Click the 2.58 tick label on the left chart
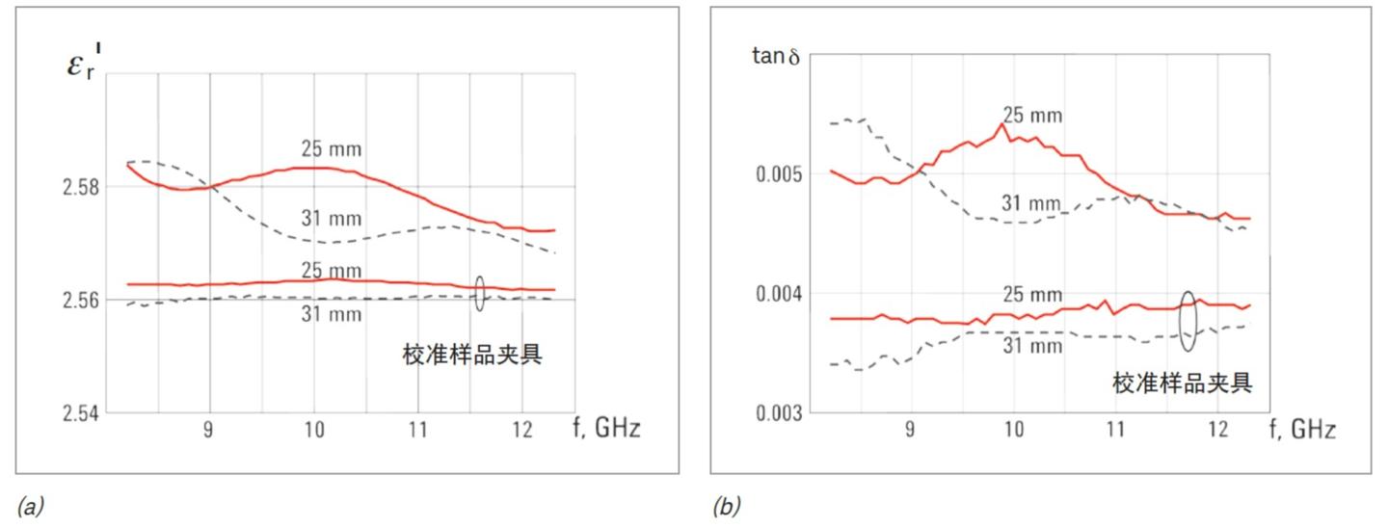point(80,186)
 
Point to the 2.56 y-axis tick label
point(80,300)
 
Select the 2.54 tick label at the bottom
point(80,413)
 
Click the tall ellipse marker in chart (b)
point(1188,320)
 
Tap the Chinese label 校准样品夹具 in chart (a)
point(471,355)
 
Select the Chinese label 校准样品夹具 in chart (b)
point(1183,383)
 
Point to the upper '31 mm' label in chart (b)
point(1032,202)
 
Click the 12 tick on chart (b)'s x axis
point(1217,429)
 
